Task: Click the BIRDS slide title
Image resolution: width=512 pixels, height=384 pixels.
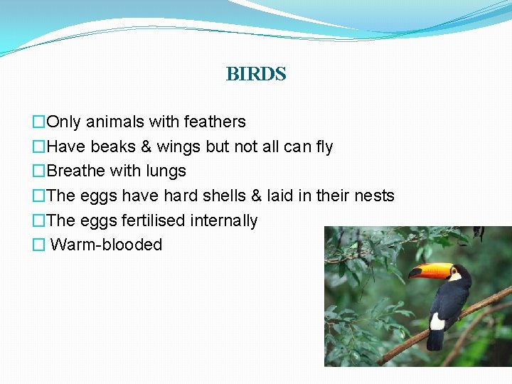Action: [255, 74]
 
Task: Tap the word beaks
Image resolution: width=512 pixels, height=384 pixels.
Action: [112, 146]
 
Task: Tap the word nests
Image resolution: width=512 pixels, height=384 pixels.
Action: [373, 196]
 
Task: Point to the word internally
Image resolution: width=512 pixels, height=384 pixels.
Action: [224, 220]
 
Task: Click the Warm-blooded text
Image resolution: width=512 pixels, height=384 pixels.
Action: [107, 245]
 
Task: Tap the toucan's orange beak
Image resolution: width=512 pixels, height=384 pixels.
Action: [430, 271]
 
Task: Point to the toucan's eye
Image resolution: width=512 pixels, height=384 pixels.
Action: [458, 269]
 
